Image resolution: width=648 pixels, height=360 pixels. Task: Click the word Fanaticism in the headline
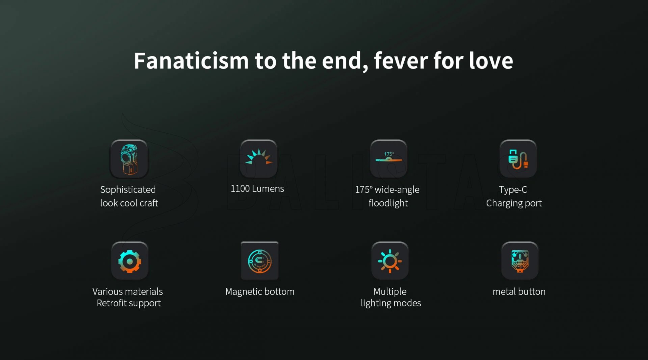point(191,61)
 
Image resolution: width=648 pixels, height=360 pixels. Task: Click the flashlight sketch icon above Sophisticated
point(129,159)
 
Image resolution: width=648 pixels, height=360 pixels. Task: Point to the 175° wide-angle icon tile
point(388,158)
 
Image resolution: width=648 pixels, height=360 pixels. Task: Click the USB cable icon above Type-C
point(518,158)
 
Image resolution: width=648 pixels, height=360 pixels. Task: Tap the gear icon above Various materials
point(130,261)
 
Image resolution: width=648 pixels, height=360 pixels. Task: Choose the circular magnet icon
point(260,261)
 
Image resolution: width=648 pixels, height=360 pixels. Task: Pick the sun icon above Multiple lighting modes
point(390,261)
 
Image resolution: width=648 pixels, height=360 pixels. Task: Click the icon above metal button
point(520,261)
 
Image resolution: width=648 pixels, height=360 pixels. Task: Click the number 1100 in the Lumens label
point(240,189)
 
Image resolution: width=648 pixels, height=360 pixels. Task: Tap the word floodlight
point(388,203)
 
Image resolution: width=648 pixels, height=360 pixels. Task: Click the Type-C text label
point(513,190)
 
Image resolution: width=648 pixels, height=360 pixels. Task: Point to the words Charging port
point(514,203)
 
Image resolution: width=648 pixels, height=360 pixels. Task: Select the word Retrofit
point(111,303)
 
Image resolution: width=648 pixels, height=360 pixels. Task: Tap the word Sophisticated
point(128,190)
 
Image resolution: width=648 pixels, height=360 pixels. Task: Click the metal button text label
point(519,292)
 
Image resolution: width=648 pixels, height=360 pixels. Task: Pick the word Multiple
point(390,292)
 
